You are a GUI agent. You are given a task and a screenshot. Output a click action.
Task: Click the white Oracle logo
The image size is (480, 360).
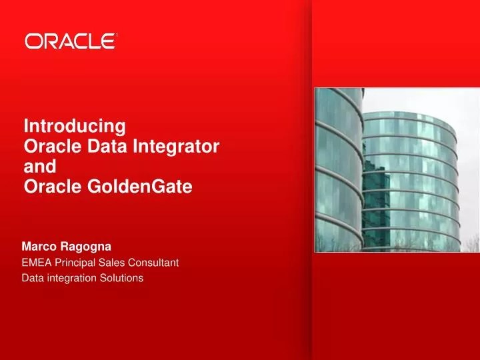pyautogui.click(x=70, y=41)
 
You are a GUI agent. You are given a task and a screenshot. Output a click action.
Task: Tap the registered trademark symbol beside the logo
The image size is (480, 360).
pyautogui.click(x=117, y=35)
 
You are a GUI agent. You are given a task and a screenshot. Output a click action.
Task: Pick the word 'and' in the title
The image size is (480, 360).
pyautogui.click(x=39, y=167)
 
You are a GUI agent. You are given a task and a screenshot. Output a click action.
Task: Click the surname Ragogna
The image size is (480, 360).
pyautogui.click(x=87, y=247)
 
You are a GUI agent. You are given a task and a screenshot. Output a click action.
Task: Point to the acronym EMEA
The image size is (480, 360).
pyautogui.click(x=36, y=263)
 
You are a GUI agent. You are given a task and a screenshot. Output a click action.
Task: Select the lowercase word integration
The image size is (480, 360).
pyautogui.click(x=72, y=278)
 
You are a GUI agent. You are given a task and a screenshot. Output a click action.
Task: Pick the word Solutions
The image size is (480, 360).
pyautogui.click(x=122, y=278)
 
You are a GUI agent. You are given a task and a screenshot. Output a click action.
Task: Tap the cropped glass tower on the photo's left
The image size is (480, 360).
pyautogui.click(x=337, y=167)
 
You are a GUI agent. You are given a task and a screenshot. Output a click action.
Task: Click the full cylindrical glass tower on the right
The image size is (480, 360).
pyautogui.click(x=410, y=180)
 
